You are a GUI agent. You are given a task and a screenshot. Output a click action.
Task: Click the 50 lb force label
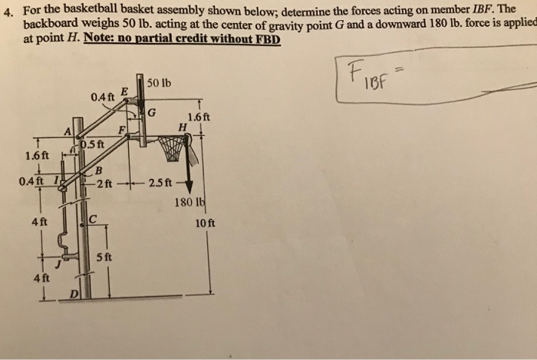pos(159,82)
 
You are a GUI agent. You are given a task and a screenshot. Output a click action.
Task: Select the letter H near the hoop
pos(182,127)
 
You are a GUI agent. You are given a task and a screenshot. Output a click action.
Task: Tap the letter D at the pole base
pos(74,294)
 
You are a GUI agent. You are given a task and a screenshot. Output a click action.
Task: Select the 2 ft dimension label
pos(104,183)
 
